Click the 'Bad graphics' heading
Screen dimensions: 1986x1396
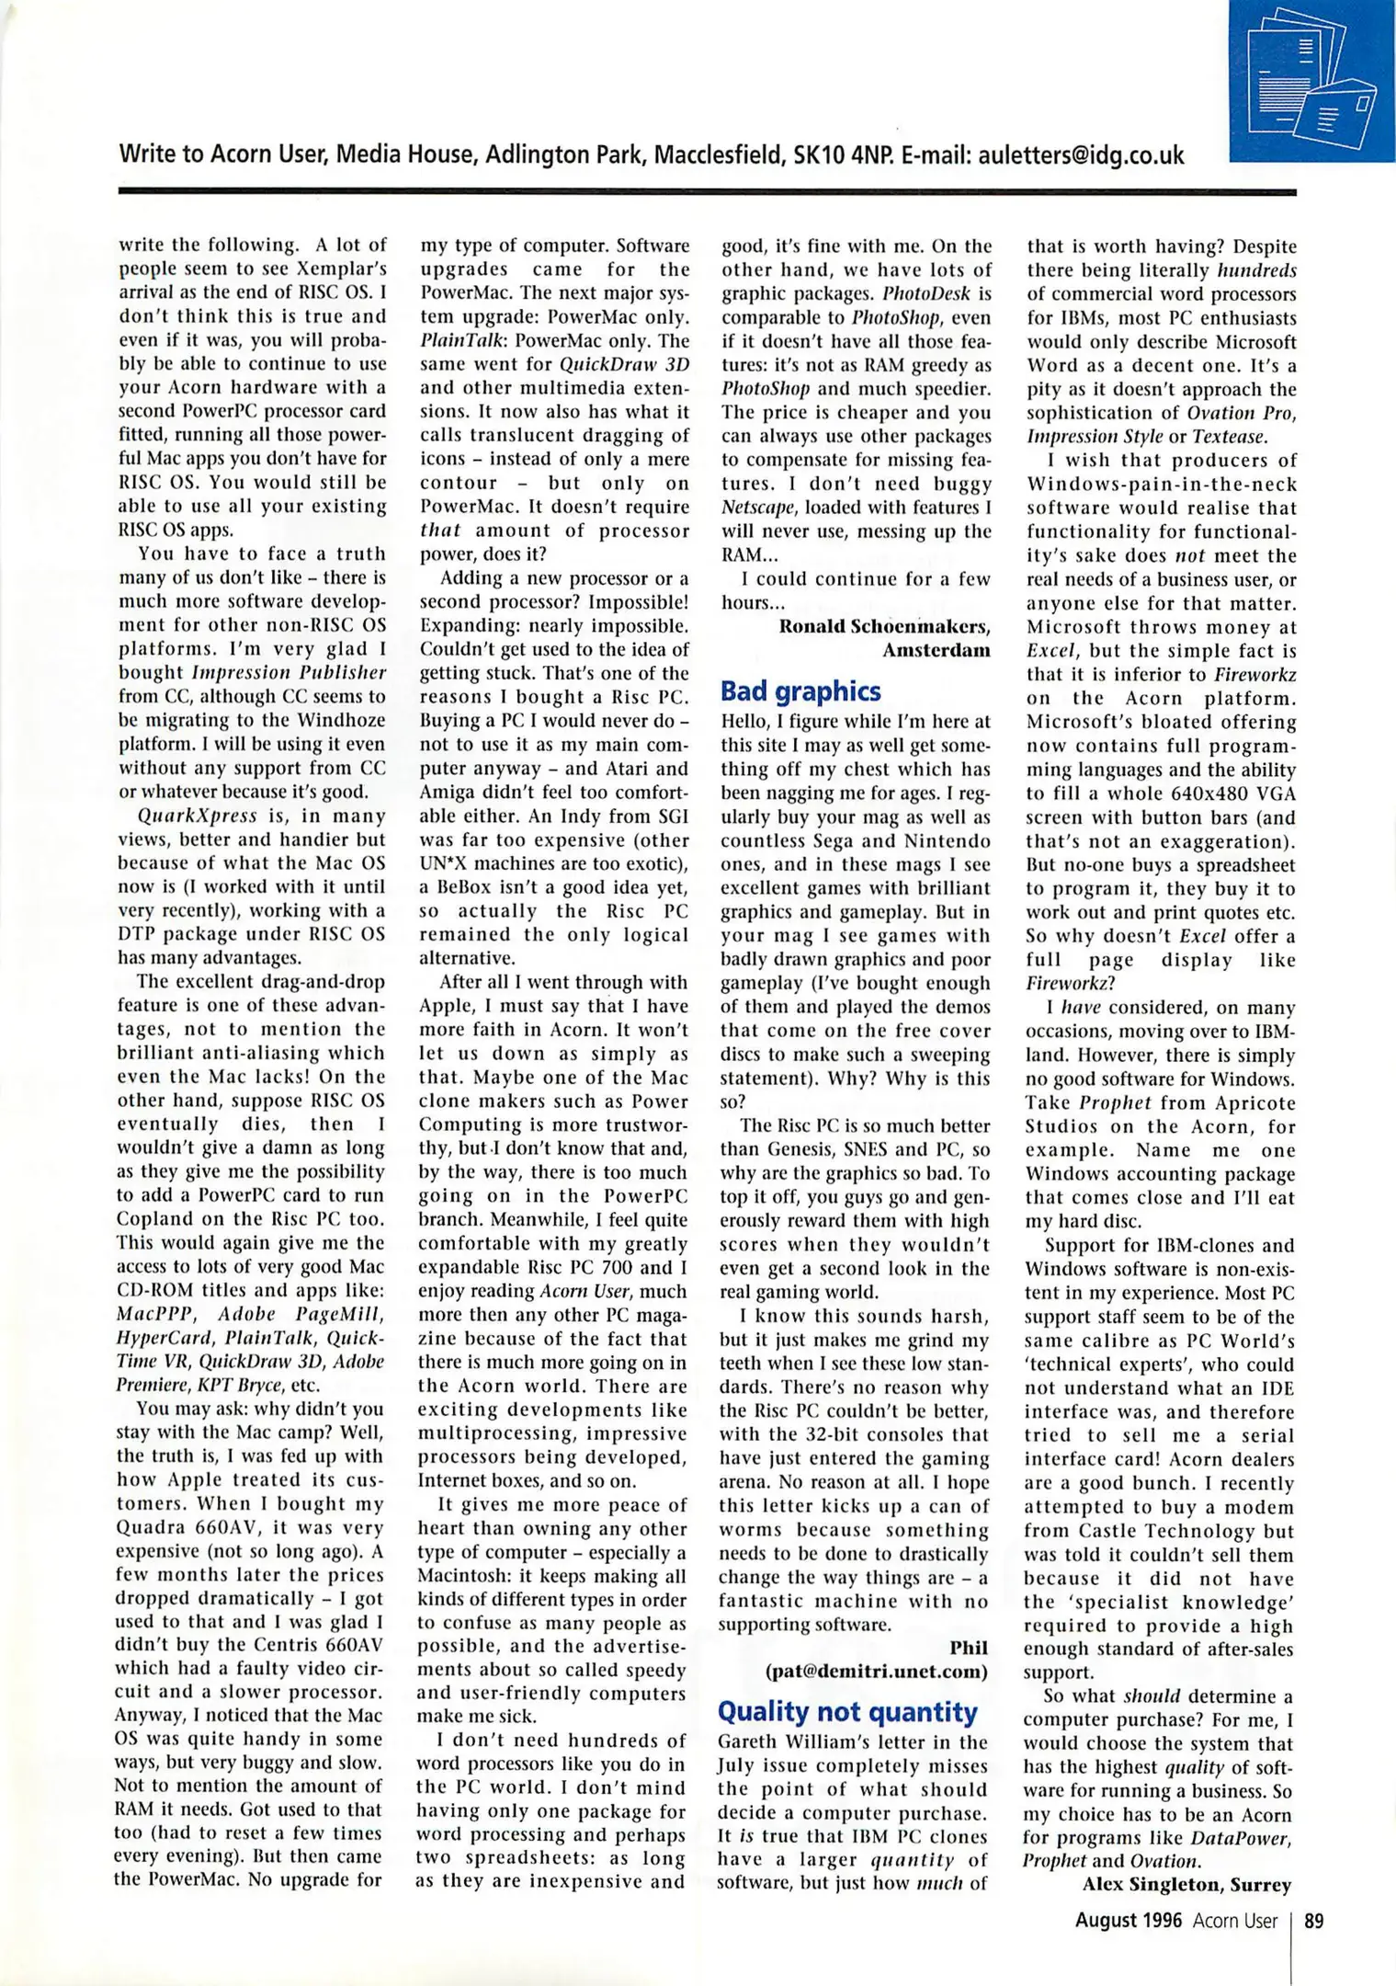coord(800,691)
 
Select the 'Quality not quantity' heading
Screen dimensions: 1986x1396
coord(847,1711)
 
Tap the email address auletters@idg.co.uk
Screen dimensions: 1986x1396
coord(1081,154)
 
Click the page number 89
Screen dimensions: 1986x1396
coord(1314,1921)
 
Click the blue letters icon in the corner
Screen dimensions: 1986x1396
coord(1312,81)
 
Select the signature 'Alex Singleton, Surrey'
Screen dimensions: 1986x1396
coord(1186,1884)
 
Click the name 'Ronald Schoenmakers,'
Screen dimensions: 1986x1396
coord(884,626)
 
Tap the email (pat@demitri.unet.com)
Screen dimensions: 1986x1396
coord(877,1672)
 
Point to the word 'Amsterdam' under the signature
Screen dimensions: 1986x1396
coord(936,650)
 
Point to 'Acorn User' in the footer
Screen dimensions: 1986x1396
coord(1235,1921)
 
